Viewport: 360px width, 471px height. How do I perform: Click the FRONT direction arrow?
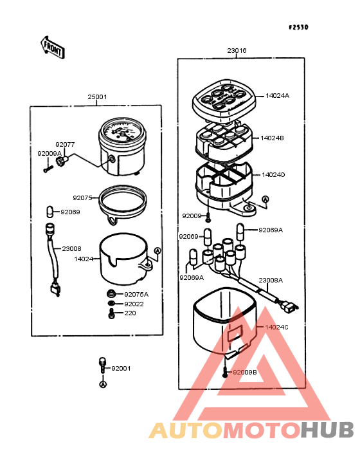pos(53,48)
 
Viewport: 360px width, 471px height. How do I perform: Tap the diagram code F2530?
pos(298,27)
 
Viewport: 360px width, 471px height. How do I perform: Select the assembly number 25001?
pos(97,97)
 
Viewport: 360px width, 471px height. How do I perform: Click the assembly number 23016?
pos(237,50)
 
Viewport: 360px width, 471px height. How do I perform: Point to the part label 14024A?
pos(278,96)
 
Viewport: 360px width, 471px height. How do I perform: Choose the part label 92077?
pos(65,145)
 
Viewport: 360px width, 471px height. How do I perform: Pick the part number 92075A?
pos(136,295)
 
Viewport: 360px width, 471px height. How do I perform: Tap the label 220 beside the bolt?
pos(130,313)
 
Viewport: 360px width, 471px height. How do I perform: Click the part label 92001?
pos(122,368)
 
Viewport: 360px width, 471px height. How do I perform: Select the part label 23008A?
pos(271,281)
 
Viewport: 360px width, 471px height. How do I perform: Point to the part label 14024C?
pos(276,327)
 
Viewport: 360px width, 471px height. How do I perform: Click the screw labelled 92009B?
pos(225,373)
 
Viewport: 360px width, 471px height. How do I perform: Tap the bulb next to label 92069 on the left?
pos(50,212)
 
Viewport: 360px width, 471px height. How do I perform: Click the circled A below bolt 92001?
pos(103,384)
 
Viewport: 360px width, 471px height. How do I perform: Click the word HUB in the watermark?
pos(328,430)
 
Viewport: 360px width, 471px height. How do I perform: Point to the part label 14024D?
pos(273,175)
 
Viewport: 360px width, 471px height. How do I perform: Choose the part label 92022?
pos(134,304)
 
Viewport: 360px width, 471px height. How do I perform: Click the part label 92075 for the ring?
pos(82,198)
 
